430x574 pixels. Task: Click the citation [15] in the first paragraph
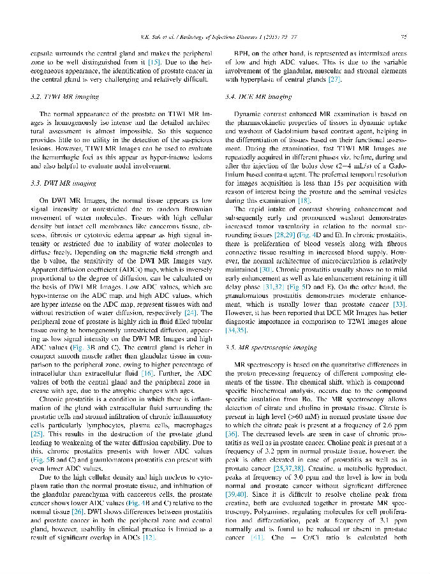(x=153, y=63)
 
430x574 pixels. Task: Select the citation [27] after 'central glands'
(x=334, y=80)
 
